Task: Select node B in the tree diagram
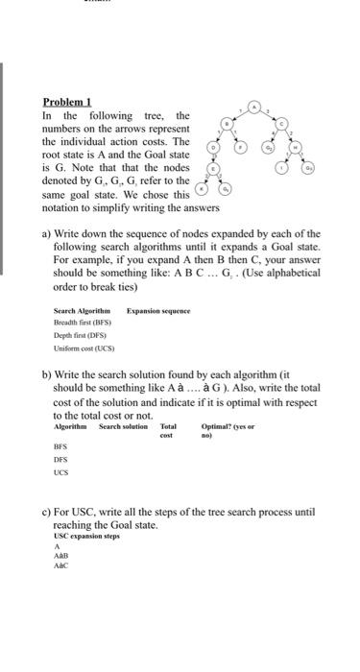[x=228, y=126]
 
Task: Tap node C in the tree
[x=282, y=126]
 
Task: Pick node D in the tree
[x=214, y=149]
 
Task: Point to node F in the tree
[x=241, y=149]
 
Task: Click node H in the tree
[x=296, y=149]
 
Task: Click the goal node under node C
[x=269, y=149]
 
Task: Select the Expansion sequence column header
[x=158, y=311]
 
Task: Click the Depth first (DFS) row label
[x=79, y=335]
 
